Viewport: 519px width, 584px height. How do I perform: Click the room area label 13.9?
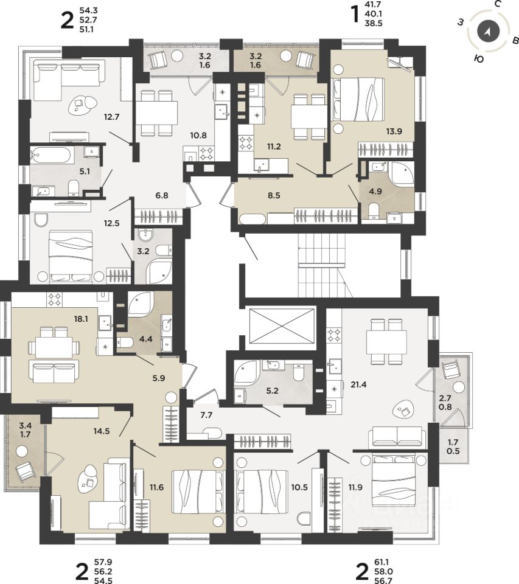tap(394, 131)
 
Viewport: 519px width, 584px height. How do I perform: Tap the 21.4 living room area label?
tap(358, 384)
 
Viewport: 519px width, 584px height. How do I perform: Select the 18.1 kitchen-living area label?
tap(81, 319)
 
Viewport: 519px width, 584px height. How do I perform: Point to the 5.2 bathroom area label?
tap(273, 391)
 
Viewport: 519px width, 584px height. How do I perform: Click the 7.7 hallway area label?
tap(206, 415)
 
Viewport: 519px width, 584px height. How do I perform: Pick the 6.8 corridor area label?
tap(162, 195)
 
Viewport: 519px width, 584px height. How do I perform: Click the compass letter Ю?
tap(479, 58)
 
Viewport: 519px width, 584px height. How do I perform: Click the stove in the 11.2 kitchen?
tap(246, 143)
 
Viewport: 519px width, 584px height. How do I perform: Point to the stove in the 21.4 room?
tap(334, 335)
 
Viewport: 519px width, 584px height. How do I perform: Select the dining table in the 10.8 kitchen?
tap(157, 113)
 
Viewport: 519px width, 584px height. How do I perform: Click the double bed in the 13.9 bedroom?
tap(358, 99)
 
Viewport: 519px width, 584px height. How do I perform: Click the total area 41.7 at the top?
tap(374, 5)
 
